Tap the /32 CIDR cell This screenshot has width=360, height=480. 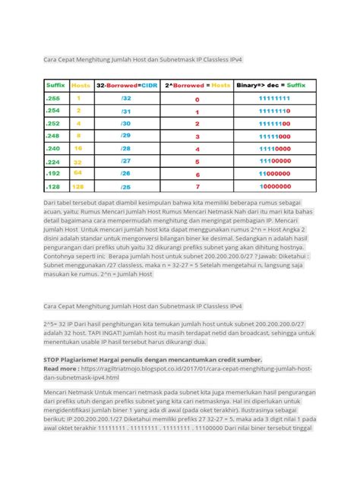pos(125,99)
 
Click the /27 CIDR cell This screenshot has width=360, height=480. pos(125,161)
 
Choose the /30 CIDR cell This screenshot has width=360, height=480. pos(125,124)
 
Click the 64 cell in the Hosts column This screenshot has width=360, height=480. pos(78,173)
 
